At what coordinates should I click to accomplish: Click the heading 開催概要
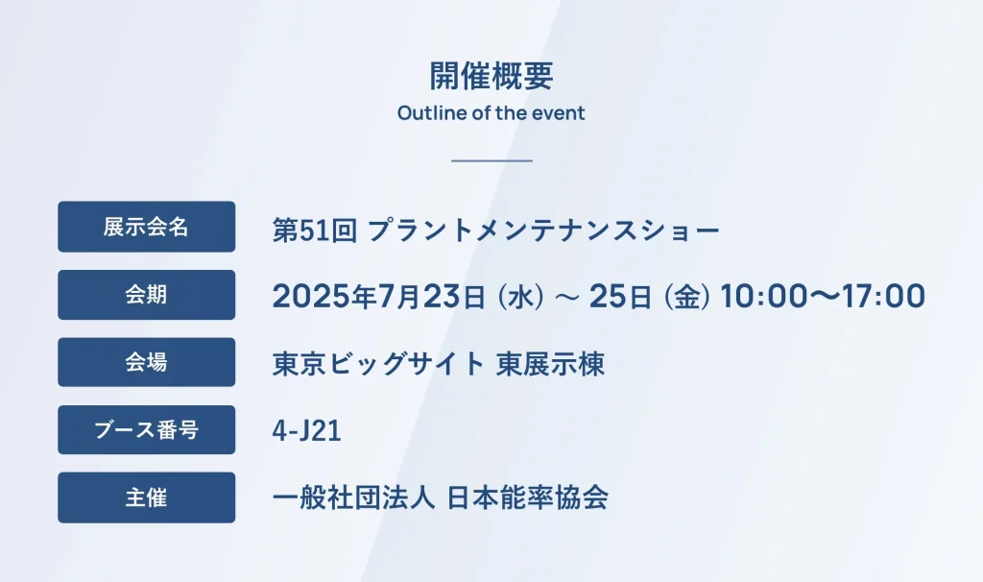(491, 76)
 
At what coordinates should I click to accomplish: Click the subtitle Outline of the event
(491, 113)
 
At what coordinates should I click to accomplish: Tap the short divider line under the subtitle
(491, 161)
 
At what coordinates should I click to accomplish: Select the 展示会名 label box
(147, 227)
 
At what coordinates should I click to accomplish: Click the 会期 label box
(147, 295)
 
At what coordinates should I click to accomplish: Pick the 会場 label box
(147, 362)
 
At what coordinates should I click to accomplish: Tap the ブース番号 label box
(147, 429)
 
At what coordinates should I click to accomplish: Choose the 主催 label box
(147, 497)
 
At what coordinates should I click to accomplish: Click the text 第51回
(315, 230)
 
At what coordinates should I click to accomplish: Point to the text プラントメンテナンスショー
(543, 230)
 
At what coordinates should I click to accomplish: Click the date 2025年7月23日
(378, 296)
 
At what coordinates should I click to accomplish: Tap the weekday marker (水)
(520, 297)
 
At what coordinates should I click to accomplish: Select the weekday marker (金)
(687, 297)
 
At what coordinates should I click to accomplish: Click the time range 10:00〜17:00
(823, 296)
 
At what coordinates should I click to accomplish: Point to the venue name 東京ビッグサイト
(378, 364)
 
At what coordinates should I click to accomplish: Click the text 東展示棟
(550, 364)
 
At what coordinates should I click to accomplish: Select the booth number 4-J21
(306, 431)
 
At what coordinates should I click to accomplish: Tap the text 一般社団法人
(353, 497)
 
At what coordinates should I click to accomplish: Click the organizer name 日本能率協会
(527, 497)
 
